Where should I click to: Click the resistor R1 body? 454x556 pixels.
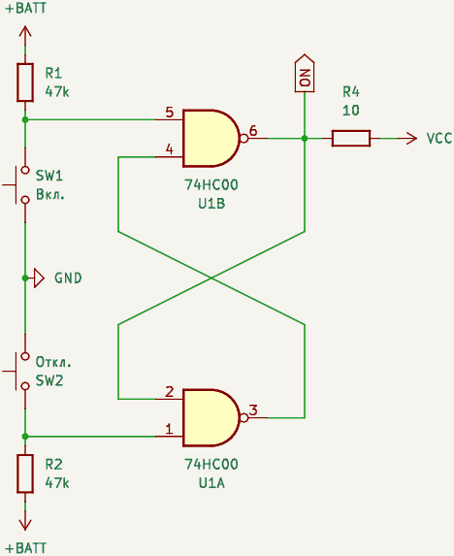click(25, 82)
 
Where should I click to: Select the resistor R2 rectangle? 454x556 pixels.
click(25, 474)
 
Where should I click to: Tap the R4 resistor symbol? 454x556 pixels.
click(351, 139)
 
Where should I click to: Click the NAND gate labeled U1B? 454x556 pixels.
click(211, 139)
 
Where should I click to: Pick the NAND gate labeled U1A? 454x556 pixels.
click(211, 417)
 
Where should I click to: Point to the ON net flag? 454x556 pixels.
click(305, 74)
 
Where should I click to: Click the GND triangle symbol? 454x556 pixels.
click(39, 278)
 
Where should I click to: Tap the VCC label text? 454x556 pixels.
click(439, 139)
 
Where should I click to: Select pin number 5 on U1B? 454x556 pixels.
click(170, 112)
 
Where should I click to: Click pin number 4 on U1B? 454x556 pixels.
click(170, 149)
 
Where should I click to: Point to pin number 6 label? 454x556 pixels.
click(253, 130)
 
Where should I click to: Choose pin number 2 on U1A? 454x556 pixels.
click(170, 391)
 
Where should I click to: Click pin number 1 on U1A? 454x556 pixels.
click(170, 429)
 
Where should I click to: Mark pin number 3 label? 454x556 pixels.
click(253, 410)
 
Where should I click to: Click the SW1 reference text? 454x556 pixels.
click(49, 176)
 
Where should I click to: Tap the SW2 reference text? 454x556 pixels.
click(49, 380)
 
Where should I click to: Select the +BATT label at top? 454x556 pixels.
click(26, 8)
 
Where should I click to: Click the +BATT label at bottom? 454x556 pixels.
click(26, 548)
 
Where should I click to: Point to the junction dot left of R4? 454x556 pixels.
click(305, 139)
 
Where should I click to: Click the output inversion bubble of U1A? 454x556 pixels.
click(244, 417)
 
